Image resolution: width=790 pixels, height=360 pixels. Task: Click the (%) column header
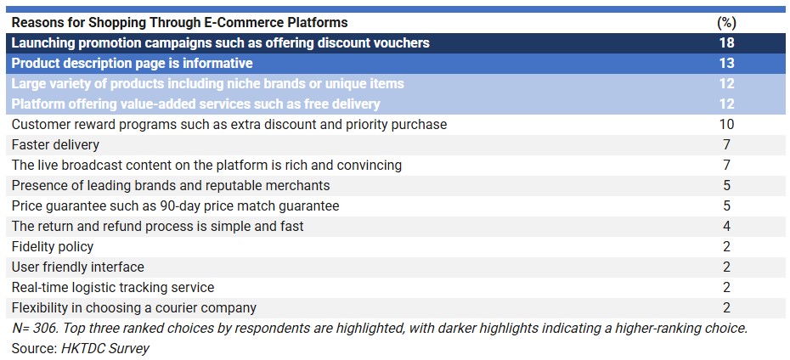pyautogui.click(x=726, y=23)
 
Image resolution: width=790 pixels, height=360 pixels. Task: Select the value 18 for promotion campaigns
pyautogui.click(x=726, y=42)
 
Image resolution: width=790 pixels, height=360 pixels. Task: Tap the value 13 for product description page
pyautogui.click(x=726, y=64)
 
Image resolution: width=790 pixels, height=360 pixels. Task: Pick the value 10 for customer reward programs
pyautogui.click(x=726, y=124)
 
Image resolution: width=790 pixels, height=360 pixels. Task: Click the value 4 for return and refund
pyautogui.click(x=726, y=227)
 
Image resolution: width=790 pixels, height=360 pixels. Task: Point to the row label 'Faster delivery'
pyautogui.click(x=55, y=145)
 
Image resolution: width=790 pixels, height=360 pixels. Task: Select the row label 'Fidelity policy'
pyautogui.click(x=53, y=247)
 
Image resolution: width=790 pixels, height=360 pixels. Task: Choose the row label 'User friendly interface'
pyautogui.click(x=77, y=267)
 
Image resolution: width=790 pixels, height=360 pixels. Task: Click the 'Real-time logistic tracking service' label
pyautogui.click(x=113, y=288)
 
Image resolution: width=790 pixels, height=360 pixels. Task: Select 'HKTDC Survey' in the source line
pyautogui.click(x=105, y=348)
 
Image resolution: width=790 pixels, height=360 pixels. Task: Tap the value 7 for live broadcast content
pyautogui.click(x=726, y=166)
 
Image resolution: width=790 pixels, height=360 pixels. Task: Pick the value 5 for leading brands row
pyautogui.click(x=726, y=186)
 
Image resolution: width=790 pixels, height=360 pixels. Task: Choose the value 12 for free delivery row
pyautogui.click(x=726, y=104)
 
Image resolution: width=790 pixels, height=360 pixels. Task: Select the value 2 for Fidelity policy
pyautogui.click(x=726, y=247)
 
